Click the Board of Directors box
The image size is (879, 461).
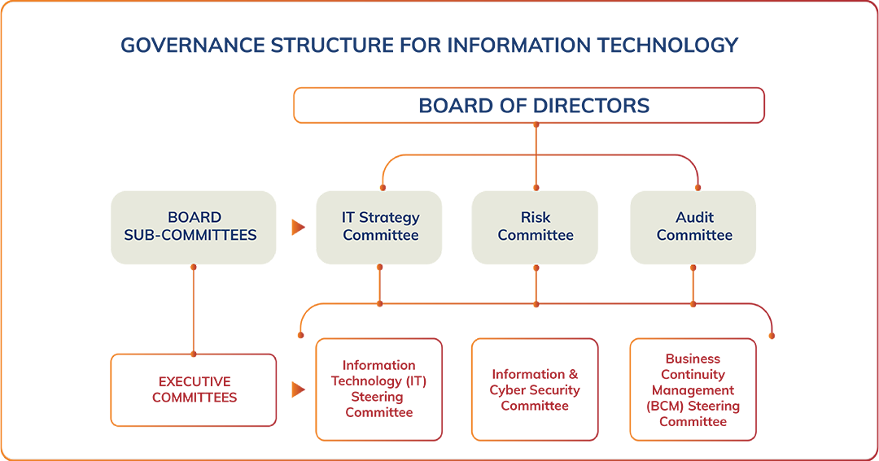pos(528,106)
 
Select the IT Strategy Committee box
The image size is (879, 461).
pos(379,227)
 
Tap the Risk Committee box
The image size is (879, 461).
pos(536,227)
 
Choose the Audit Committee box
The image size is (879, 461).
pos(693,227)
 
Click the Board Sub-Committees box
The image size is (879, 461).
pos(194,227)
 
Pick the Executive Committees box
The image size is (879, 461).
pos(194,389)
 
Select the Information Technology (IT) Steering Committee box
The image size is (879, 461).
pos(379,389)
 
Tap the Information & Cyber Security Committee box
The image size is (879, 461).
pos(536,389)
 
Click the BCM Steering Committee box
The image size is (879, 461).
pos(693,389)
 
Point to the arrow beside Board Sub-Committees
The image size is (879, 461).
pos(298,228)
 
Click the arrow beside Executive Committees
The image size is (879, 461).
pos(298,390)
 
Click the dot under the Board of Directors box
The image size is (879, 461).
pos(536,125)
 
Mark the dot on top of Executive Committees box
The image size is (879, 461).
pos(194,354)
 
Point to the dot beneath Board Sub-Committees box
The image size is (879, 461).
pos(194,267)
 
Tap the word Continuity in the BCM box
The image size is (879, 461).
pos(693,375)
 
